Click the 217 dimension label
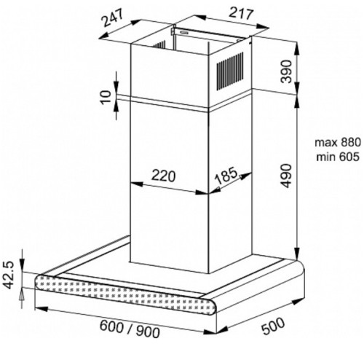pyautogui.click(x=241, y=14)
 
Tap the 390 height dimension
pyautogui.click(x=286, y=71)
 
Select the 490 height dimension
pyautogui.click(x=287, y=176)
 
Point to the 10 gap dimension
pyautogui.click(x=106, y=98)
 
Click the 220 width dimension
pyautogui.click(x=163, y=176)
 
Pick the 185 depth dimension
pyautogui.click(x=226, y=176)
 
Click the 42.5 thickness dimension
pyautogui.click(x=9, y=275)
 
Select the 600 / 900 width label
pyautogui.click(x=130, y=329)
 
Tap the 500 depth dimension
pyautogui.click(x=273, y=326)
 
